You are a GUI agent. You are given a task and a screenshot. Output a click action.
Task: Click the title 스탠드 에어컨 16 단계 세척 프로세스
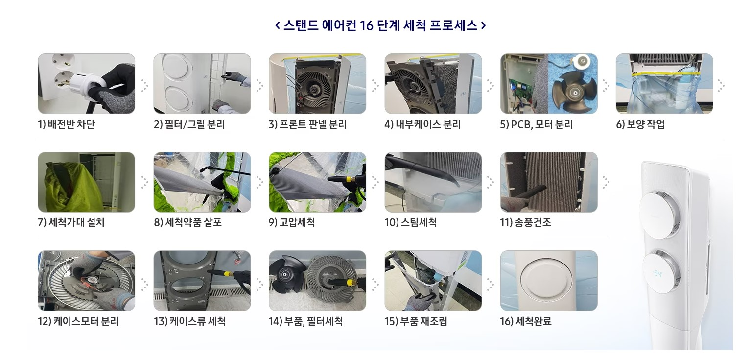[x=380, y=25]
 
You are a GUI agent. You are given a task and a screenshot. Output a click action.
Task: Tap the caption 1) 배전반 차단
[x=66, y=124]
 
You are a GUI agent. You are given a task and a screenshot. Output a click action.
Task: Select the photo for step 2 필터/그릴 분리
[x=202, y=84]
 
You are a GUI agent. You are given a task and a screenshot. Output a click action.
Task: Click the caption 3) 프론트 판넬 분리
[x=307, y=124]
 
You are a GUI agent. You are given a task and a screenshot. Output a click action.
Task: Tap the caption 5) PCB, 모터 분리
[x=537, y=124]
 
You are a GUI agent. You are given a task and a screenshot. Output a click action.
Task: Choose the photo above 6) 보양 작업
[x=664, y=84]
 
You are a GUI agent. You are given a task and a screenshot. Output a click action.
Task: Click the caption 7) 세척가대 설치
[x=71, y=222]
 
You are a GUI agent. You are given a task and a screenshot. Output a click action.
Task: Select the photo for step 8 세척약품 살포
[x=202, y=182]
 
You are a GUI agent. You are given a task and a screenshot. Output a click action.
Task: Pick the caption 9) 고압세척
[x=292, y=222]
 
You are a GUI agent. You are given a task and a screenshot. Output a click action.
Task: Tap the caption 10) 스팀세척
[x=411, y=222]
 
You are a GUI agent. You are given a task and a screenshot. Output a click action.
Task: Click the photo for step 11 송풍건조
[x=549, y=182]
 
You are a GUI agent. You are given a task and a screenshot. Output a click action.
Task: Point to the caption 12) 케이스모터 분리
[x=78, y=321]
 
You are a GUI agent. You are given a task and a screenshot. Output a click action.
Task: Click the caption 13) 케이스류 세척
[x=189, y=321]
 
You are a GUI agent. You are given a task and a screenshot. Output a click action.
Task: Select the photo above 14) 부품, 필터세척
[x=317, y=280]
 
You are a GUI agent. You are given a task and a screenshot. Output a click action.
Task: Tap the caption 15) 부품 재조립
[x=416, y=321]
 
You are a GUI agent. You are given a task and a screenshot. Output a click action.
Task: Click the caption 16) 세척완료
[x=526, y=321]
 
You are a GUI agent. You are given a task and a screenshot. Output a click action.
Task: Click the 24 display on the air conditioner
[x=658, y=274]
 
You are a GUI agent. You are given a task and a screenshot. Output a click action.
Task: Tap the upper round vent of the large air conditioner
[x=660, y=214]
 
